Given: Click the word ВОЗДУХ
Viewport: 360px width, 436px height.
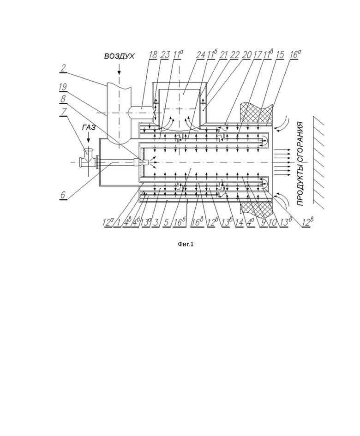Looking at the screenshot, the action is (119, 56).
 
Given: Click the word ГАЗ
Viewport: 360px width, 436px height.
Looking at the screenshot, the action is (89, 127).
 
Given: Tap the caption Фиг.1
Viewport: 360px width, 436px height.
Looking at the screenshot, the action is (186, 244).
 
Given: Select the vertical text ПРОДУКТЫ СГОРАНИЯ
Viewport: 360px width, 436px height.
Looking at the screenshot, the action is (300, 164).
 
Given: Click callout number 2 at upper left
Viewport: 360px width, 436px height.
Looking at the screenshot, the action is (63, 68).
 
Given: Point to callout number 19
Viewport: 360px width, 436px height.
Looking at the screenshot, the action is (63, 87).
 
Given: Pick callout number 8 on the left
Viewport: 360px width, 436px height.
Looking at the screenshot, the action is (63, 99).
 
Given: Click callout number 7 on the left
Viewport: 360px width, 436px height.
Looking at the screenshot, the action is (64, 112).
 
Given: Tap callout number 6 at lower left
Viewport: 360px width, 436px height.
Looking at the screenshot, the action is (63, 195).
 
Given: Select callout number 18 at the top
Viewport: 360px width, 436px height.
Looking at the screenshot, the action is (153, 55).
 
